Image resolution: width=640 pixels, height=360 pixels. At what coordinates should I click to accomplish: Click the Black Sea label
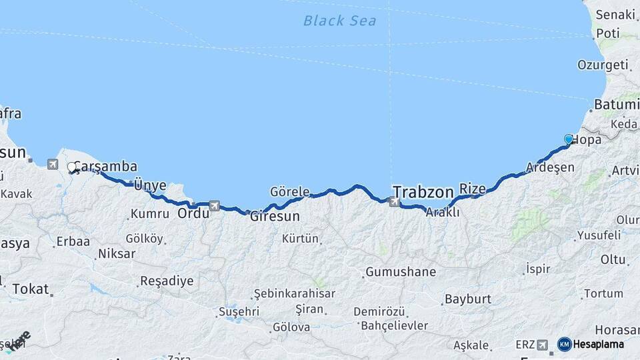(x=339, y=21)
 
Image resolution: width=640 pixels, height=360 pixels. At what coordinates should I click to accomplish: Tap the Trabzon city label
(x=423, y=191)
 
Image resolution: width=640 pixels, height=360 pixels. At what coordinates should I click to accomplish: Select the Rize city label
(x=473, y=189)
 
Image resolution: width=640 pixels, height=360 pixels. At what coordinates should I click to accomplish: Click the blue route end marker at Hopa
(x=569, y=139)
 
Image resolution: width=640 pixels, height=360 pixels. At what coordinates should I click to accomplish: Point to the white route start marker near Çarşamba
(x=71, y=167)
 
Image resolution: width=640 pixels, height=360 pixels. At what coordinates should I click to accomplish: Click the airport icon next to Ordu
(x=214, y=206)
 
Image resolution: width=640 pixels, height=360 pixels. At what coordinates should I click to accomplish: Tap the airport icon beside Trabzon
(x=395, y=201)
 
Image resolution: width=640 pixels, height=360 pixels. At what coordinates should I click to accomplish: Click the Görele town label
(x=289, y=192)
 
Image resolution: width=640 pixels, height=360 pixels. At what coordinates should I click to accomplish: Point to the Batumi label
(x=615, y=105)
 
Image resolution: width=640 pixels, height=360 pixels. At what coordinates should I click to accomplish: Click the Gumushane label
(x=400, y=272)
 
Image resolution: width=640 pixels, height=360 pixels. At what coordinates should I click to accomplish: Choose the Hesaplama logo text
(x=598, y=345)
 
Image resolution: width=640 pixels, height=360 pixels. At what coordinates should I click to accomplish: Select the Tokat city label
(x=30, y=289)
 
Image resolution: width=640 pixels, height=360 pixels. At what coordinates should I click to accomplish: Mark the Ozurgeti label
(x=603, y=65)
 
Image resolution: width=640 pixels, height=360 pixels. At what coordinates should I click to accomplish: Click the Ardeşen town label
(x=550, y=167)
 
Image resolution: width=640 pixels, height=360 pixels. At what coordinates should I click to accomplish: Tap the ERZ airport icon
(x=542, y=345)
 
